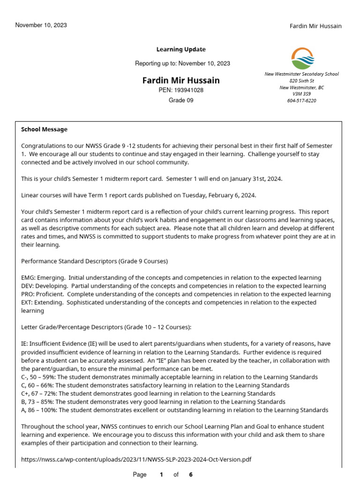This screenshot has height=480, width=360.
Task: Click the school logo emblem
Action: [303, 58]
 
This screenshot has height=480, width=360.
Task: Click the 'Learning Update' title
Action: [181, 50]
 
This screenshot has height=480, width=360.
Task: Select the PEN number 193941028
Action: [188, 90]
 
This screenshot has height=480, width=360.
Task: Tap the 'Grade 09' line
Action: [181, 100]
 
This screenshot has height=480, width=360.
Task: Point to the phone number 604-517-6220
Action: [301, 100]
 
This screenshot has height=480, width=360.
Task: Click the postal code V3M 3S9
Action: [301, 94]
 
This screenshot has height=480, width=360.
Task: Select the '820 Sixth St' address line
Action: [301, 81]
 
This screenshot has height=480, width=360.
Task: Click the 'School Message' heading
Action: [45, 129]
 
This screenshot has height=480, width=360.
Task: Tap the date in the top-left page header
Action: [41, 25]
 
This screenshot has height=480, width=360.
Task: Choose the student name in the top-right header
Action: [315, 26]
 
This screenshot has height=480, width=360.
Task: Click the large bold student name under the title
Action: [181, 81]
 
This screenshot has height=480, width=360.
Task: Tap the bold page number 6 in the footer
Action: [191, 474]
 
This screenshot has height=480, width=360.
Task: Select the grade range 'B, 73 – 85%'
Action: [38, 402]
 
